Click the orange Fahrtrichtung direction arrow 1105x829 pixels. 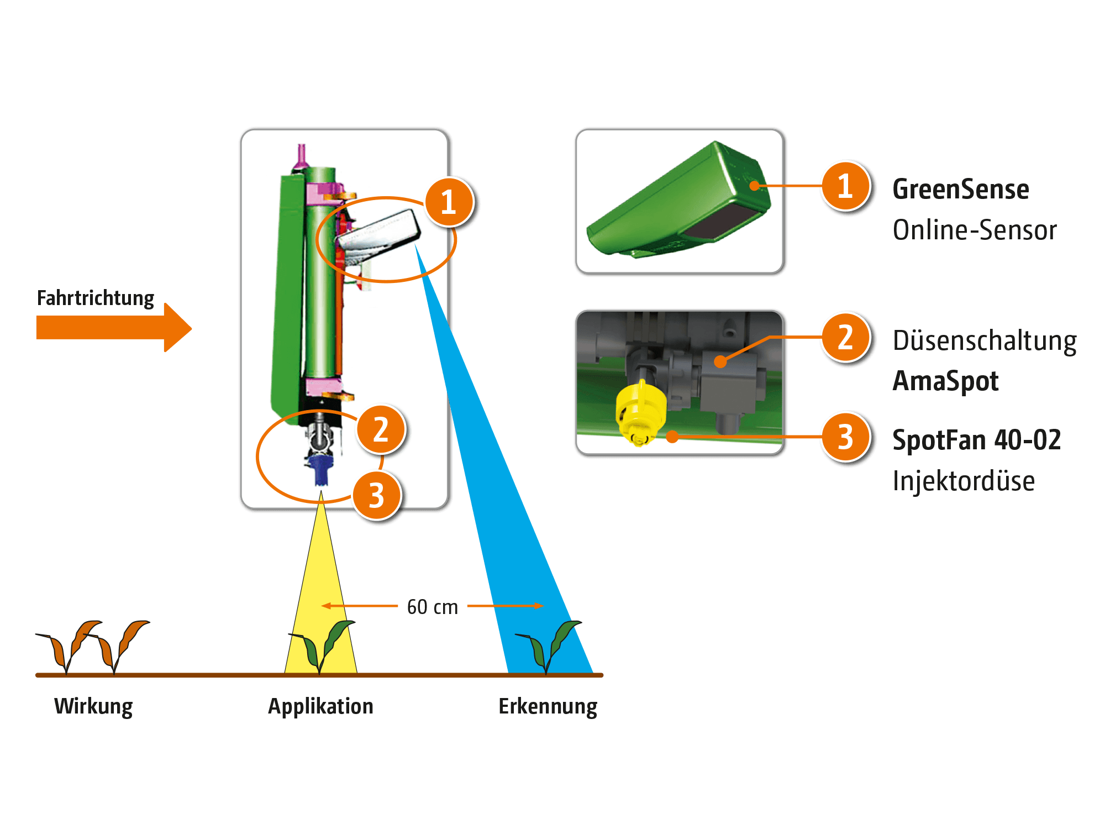(114, 327)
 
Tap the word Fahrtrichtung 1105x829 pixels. (96, 298)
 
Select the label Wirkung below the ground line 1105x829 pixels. (93, 707)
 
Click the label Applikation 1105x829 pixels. (321, 707)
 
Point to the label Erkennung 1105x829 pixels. (548, 707)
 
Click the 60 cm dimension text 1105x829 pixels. (433, 607)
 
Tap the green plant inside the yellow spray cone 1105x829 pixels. (322, 647)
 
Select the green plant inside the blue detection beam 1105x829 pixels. (548, 647)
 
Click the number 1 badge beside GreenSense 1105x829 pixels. (845, 186)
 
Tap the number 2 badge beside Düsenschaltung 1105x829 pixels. (845, 338)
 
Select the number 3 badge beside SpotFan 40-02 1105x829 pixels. (845, 437)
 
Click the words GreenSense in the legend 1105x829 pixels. (961, 189)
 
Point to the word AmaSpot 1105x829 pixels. (945, 381)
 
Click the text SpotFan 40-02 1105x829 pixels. (977, 440)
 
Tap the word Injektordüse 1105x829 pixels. (964, 481)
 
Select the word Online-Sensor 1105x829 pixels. (975, 230)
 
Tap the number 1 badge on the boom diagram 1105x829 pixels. (449, 202)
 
